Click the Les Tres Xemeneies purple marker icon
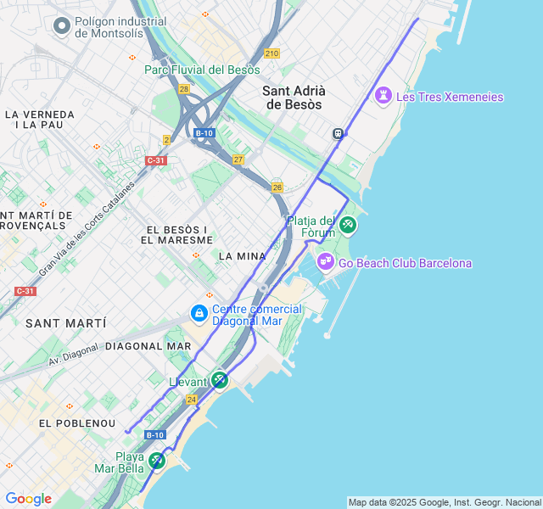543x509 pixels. coord(383,96)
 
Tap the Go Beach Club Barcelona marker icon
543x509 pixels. coord(326,262)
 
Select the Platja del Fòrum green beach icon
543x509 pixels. coord(348,225)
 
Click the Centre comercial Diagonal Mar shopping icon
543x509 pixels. coord(199,314)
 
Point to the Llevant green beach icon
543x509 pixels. coord(220,380)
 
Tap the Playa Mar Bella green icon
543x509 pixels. coord(156,461)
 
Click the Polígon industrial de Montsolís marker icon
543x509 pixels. coord(61,26)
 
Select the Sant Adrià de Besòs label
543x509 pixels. coord(294,98)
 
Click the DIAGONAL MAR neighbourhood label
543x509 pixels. coord(148,346)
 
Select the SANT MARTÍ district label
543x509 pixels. coord(65,323)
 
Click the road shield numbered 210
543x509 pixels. coord(271,53)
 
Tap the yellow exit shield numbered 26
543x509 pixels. coord(277,187)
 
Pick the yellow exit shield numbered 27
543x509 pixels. coord(238,159)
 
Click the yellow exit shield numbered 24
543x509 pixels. coord(192,399)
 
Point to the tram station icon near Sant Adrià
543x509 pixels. coord(339,133)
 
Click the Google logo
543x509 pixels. coord(28,499)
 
